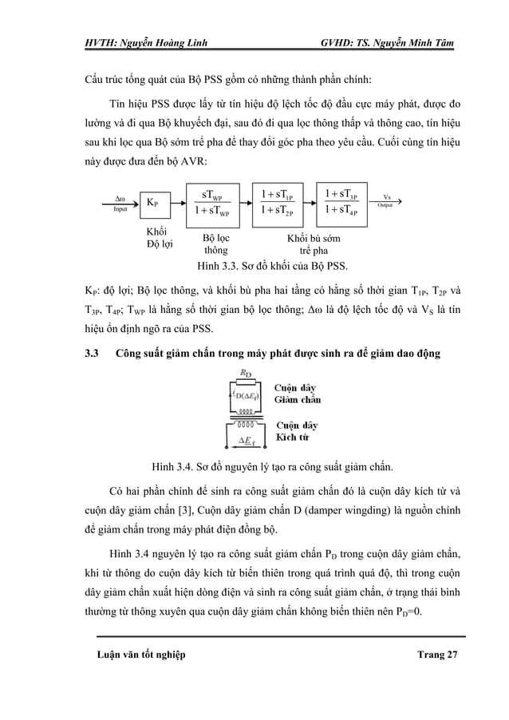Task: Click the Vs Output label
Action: click(387, 200)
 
